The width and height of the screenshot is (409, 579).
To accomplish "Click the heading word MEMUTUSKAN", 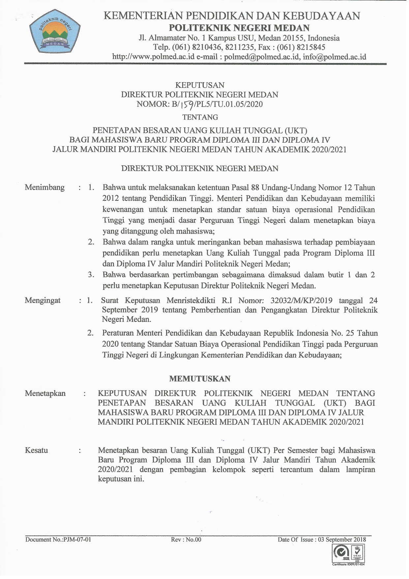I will point(200,379).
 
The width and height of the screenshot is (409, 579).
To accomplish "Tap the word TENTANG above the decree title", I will point(200,117).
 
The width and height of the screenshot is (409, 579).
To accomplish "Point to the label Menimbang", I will point(44,187).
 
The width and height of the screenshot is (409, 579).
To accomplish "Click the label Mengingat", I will point(43,300).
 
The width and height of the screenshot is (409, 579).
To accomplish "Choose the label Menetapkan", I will point(45,393).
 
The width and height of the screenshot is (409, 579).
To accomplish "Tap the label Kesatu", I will point(36,450).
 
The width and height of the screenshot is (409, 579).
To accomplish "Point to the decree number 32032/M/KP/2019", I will point(301,300).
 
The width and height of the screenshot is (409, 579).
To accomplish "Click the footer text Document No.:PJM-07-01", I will point(58,539).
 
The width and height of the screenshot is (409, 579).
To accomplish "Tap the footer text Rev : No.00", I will point(186,539).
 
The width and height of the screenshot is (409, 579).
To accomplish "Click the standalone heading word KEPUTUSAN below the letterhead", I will point(200,85).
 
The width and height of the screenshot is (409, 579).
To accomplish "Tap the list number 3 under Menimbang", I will point(91,275).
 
